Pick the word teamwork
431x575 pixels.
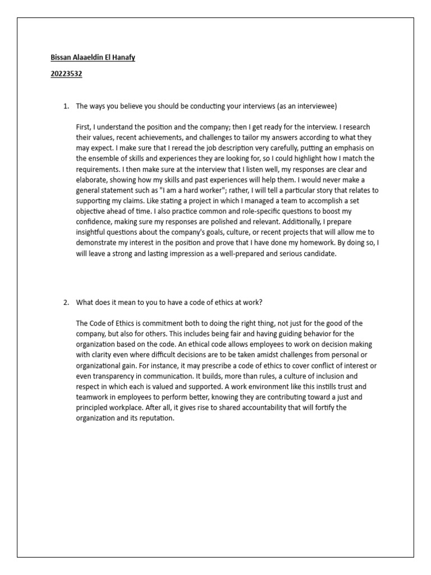[x=93, y=397]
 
